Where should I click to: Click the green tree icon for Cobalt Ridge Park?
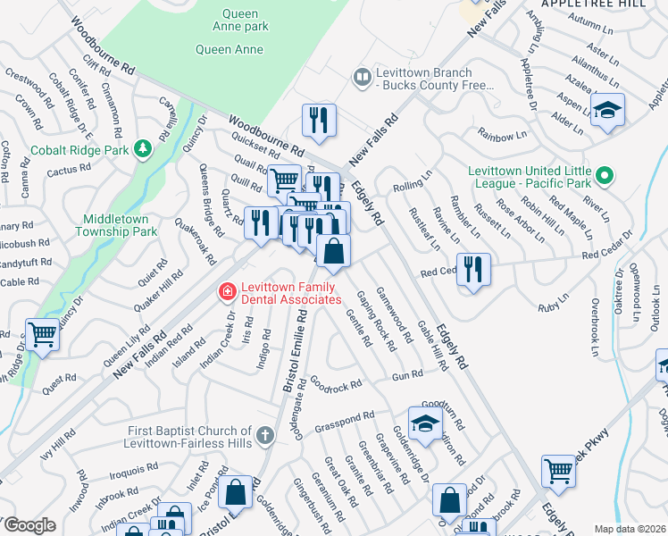tap(142, 149)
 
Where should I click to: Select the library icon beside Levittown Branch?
tap(362, 78)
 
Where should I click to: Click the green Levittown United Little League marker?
tap(605, 176)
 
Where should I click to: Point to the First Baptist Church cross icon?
tap(263, 436)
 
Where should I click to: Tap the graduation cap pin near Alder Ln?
tap(608, 110)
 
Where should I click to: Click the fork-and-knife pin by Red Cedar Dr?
tap(473, 269)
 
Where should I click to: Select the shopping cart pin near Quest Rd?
tap(42, 335)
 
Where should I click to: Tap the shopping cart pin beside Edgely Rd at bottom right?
tap(558, 470)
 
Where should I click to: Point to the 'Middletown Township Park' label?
tap(120, 225)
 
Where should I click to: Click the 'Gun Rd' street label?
tap(406, 376)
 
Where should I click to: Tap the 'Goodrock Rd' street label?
tap(336, 385)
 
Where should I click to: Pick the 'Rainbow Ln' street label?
tap(502, 137)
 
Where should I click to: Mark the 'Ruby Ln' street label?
tap(554, 306)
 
